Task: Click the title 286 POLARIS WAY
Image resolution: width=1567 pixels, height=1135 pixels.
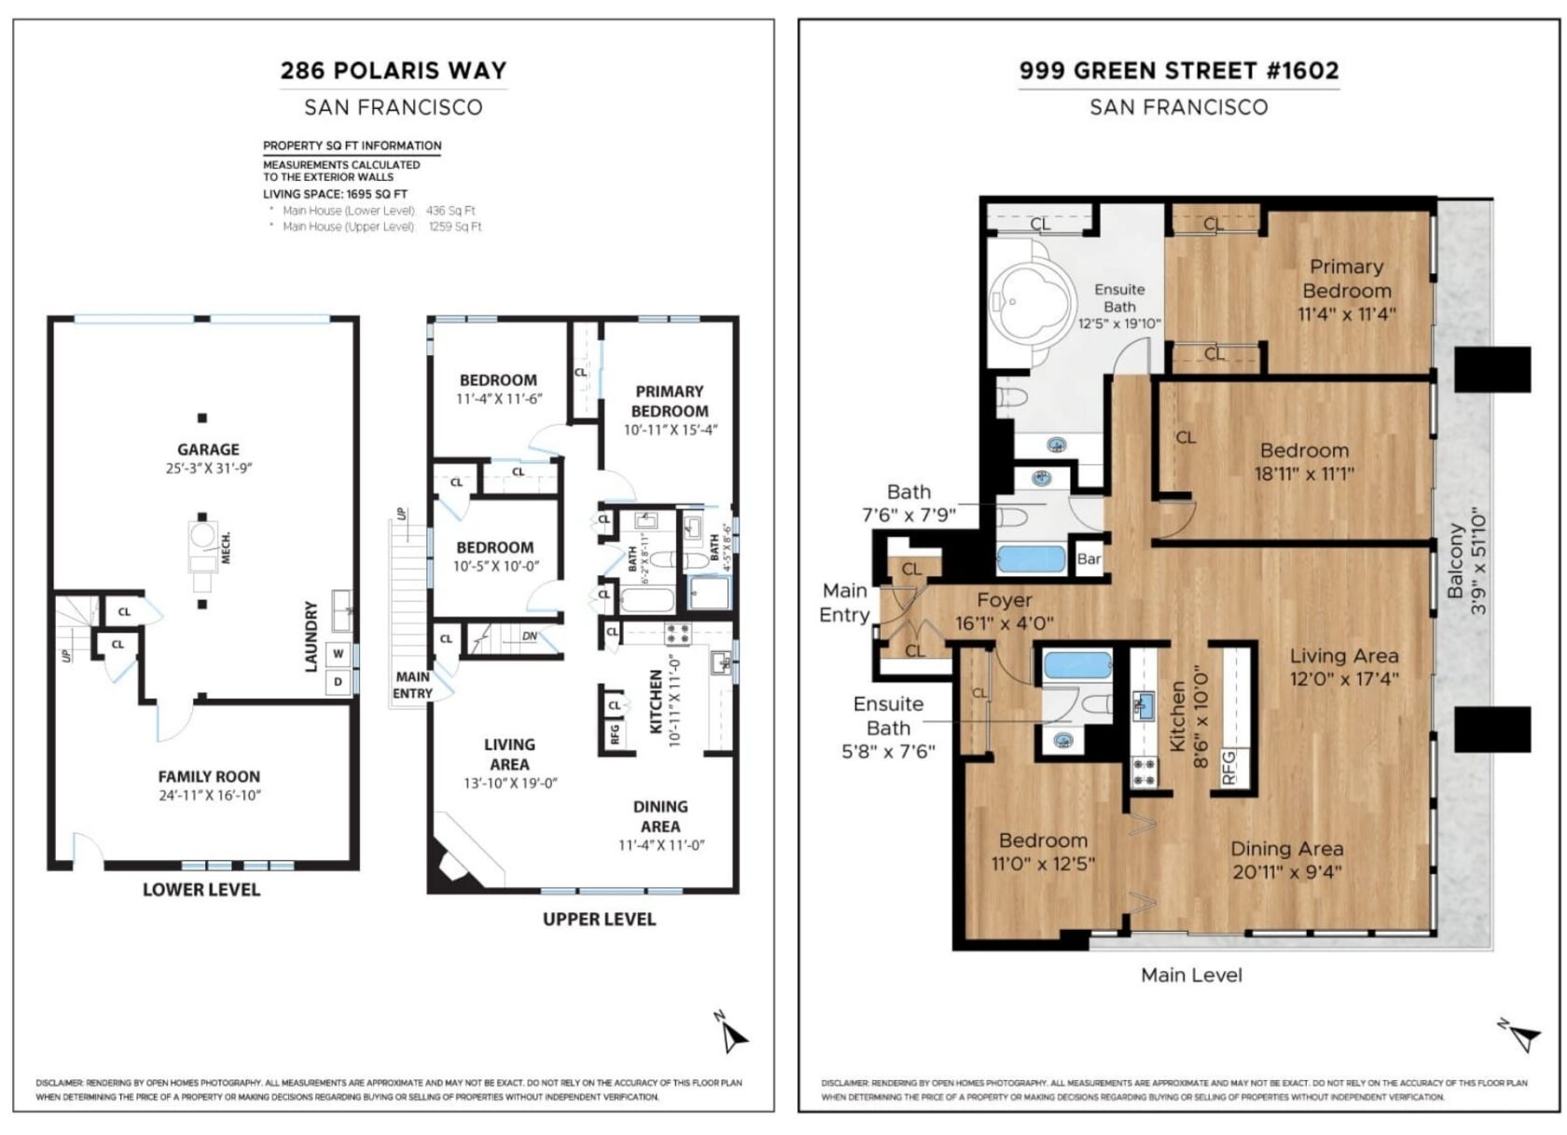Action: [x=393, y=71]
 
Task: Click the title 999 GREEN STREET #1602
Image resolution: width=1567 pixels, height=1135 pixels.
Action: [x=1178, y=71]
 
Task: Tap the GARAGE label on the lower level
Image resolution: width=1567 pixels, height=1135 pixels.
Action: [x=208, y=450]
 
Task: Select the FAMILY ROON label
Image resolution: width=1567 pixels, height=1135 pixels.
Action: [x=208, y=776]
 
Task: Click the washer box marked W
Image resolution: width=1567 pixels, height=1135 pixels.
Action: [x=338, y=654]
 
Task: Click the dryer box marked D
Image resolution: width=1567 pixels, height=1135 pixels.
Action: [x=338, y=682]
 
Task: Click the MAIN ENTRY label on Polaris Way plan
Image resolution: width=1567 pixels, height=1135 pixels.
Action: [x=412, y=685]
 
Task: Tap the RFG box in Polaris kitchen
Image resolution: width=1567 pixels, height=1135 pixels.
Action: [x=615, y=734]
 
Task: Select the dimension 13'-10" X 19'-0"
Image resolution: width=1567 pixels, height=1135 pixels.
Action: [x=509, y=783]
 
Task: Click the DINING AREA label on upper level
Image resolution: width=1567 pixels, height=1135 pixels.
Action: [x=660, y=816]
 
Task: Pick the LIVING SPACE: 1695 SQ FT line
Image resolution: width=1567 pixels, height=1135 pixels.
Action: [x=335, y=194]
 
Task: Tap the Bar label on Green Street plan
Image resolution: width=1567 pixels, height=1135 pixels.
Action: [x=1089, y=560]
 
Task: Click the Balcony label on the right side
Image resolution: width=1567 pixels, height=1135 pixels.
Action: [x=1456, y=561]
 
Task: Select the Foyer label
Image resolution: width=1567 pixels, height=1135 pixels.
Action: [x=1004, y=600]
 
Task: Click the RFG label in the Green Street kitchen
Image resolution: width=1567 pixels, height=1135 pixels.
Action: [x=1227, y=768]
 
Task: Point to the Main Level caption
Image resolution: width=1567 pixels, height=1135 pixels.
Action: [x=1191, y=975]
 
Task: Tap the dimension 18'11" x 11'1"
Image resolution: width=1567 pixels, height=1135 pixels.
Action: [x=1304, y=474]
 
